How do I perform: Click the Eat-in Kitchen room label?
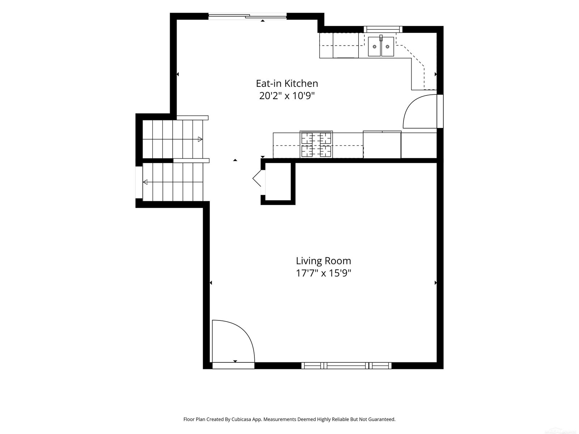coord(287,84)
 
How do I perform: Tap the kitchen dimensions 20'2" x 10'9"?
coord(287,96)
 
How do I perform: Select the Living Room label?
coord(324,261)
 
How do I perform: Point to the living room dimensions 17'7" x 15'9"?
coord(324,273)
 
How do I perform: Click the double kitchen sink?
coord(381,46)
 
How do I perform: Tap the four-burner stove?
coord(316,144)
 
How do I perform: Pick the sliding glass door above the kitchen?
coord(248,16)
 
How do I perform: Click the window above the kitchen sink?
coord(383,29)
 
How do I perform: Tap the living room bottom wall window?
coord(346,366)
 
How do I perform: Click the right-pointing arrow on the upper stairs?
coord(200,139)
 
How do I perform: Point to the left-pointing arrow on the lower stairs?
coord(145,182)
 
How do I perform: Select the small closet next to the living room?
coord(278,182)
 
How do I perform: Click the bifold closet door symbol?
coord(257,178)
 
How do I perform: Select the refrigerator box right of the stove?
coord(382,145)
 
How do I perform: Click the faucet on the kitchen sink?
coord(381,38)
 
